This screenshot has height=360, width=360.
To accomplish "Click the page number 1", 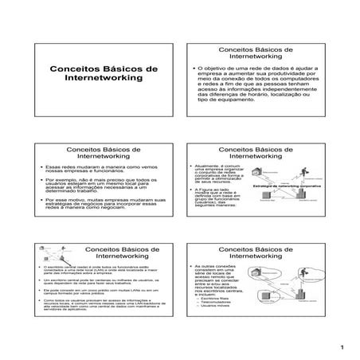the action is pyautogui.click(x=340, y=348).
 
